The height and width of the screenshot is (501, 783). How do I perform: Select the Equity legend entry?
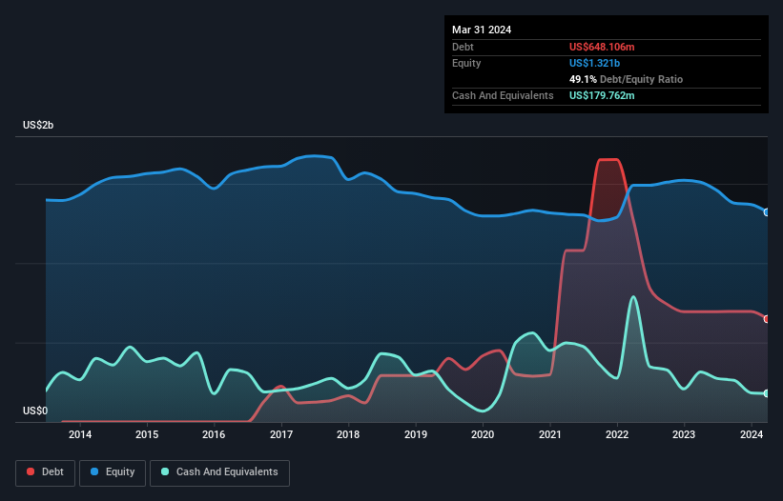tap(113, 472)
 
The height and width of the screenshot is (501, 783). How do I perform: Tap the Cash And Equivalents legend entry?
tap(219, 472)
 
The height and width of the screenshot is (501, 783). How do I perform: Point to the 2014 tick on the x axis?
tap(80, 435)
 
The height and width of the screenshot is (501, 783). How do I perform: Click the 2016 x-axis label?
tap(215, 435)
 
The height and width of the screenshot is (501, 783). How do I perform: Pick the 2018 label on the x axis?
tap(348, 435)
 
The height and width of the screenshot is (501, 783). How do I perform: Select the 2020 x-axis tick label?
tap(483, 435)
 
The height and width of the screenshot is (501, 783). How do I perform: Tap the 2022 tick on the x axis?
tap(617, 435)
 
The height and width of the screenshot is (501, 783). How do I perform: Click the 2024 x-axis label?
tap(752, 435)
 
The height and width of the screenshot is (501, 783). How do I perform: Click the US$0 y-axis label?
tap(35, 411)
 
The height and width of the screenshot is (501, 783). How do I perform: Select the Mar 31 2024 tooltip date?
tap(482, 30)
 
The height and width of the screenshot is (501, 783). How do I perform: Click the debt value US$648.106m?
tap(602, 47)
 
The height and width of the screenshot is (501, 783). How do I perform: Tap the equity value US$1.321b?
tap(593, 63)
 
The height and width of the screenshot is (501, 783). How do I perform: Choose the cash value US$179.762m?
tap(602, 95)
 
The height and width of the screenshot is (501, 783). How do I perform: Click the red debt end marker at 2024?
tap(767, 319)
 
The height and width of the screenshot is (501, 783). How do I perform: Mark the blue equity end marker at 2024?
tap(767, 212)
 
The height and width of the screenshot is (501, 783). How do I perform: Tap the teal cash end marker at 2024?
tap(767, 393)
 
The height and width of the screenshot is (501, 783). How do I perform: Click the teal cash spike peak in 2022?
tap(632, 297)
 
